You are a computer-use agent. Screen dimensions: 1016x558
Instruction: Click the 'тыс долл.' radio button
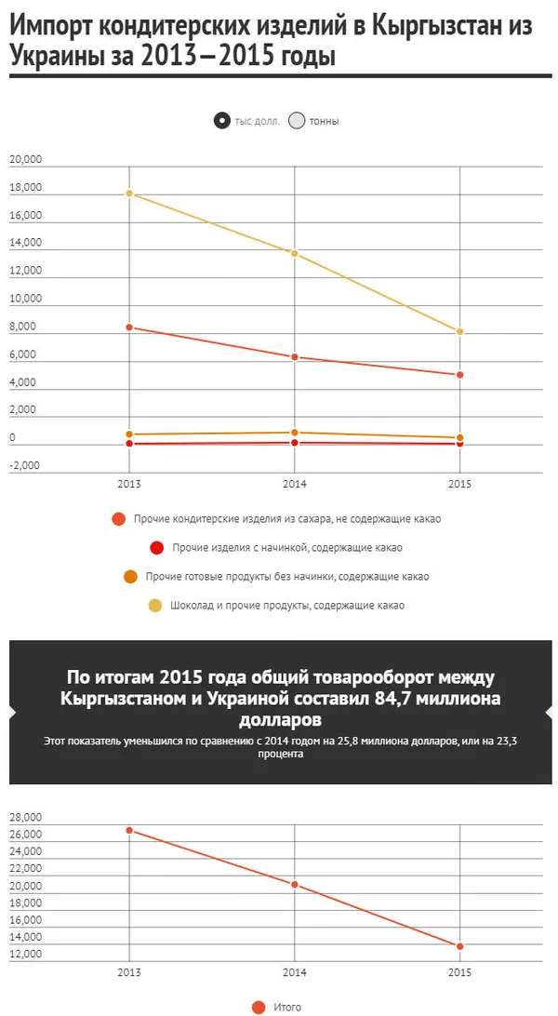point(221,120)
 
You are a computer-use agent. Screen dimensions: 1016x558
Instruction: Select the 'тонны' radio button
point(297,120)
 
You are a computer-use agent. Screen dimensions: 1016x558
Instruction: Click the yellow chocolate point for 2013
point(130,194)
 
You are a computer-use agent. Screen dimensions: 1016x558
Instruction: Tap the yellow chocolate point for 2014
point(295,253)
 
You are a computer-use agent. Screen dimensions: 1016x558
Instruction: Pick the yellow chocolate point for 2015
point(459,332)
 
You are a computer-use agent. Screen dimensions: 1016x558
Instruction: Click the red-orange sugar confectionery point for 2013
point(130,328)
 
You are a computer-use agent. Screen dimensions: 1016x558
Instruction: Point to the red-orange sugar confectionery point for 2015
point(459,375)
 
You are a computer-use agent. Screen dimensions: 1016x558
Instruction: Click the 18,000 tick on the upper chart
point(25,188)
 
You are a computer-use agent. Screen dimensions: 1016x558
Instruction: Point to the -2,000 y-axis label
point(25,465)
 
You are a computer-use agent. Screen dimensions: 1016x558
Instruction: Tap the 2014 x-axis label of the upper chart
point(295,485)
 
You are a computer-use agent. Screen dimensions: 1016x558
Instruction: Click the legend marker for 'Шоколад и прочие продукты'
point(155,605)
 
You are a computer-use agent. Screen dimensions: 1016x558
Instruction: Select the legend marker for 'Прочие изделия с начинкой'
point(156,548)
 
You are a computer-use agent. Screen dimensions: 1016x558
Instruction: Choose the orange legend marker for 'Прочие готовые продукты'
point(131,577)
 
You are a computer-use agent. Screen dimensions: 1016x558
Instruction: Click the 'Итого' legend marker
point(259,1007)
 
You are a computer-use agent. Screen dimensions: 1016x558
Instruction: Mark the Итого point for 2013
point(130,830)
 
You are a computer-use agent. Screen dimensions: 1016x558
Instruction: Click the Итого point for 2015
point(459,946)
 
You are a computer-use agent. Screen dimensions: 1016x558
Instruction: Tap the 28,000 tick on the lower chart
point(25,817)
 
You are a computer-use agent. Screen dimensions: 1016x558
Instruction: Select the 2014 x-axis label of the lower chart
point(295,972)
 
